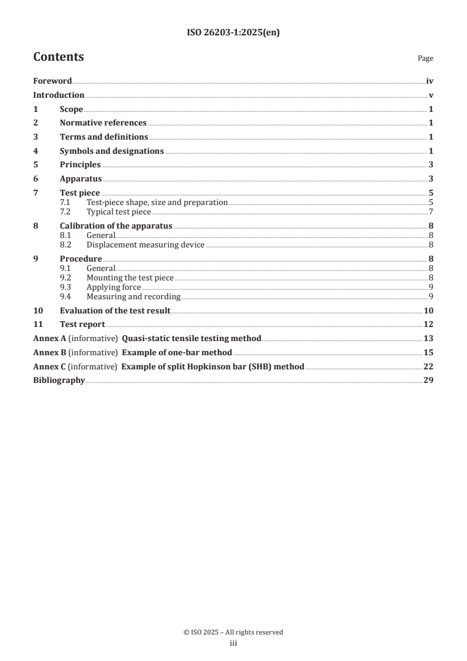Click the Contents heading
58,57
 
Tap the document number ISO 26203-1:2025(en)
233,33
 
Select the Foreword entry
52,81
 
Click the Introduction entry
58,95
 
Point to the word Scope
71,109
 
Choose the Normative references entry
103,123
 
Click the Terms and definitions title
104,137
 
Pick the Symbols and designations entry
111,151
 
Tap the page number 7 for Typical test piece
431,212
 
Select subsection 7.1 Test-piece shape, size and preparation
157,203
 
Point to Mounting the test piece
130,277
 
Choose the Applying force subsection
114,287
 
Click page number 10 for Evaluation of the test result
429,310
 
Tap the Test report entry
82,324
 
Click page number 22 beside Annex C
429,366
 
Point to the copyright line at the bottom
233,632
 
